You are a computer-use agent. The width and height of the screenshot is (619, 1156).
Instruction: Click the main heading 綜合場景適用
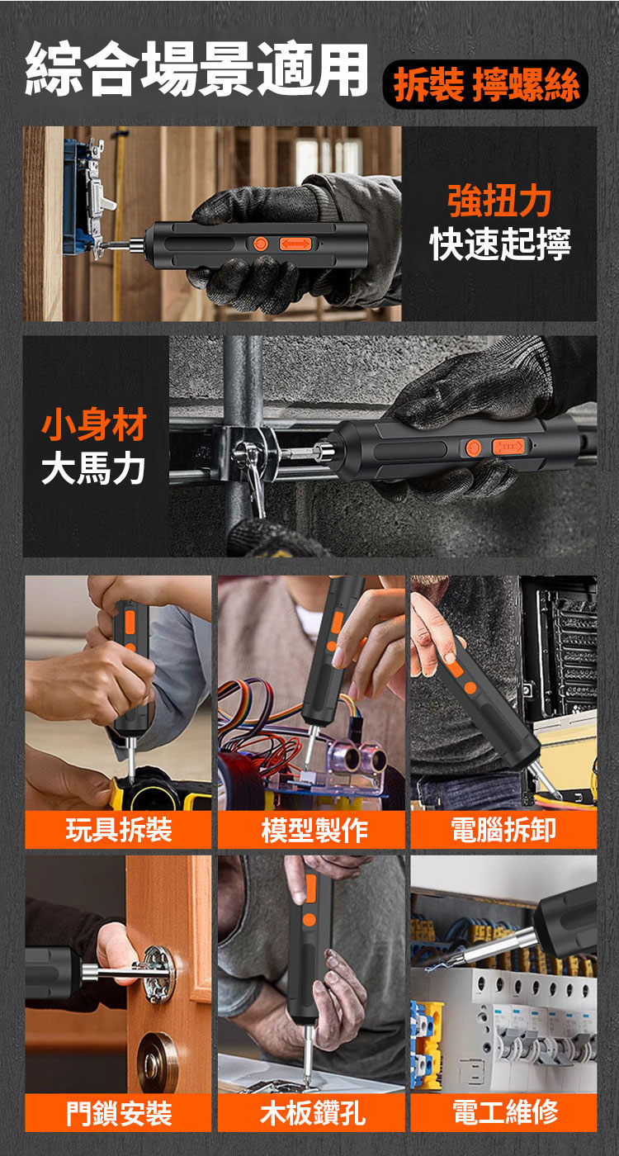pyautogui.click(x=196, y=69)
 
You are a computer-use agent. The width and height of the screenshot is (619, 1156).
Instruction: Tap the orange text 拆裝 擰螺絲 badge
pyautogui.click(x=486, y=84)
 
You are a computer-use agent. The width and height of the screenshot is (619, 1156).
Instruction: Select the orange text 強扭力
pyautogui.click(x=499, y=201)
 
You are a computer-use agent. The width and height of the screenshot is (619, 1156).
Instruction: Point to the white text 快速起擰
pyautogui.click(x=500, y=244)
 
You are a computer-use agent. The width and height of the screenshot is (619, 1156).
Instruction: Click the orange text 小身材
pyautogui.click(x=94, y=424)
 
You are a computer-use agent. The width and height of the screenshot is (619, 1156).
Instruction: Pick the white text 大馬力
pyautogui.click(x=92, y=469)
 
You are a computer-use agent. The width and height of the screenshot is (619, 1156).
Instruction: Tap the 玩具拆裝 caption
pyautogui.click(x=119, y=831)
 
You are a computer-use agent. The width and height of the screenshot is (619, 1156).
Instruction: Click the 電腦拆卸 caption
pyautogui.click(x=504, y=831)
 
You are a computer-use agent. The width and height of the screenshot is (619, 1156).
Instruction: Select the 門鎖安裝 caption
pyautogui.click(x=119, y=1113)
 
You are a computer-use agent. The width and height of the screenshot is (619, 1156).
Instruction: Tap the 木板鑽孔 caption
pyautogui.click(x=313, y=1113)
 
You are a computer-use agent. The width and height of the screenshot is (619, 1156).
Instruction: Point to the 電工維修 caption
pyautogui.click(x=505, y=1113)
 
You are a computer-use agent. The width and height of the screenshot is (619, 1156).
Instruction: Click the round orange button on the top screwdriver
pyautogui.click(x=261, y=244)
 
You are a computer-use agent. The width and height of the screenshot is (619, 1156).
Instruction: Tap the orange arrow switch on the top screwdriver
pyautogui.click(x=295, y=244)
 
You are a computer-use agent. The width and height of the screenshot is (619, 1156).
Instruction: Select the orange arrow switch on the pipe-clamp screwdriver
pyautogui.click(x=508, y=447)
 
